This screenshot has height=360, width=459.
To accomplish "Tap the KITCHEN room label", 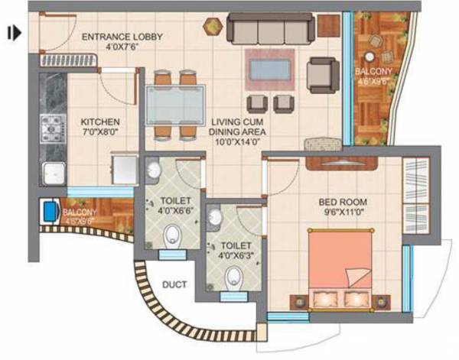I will (100, 122).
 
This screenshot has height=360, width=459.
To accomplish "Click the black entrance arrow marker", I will (14, 33).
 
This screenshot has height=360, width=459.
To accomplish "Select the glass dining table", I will (174, 104).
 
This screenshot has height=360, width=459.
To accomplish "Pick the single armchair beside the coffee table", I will (322, 75).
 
